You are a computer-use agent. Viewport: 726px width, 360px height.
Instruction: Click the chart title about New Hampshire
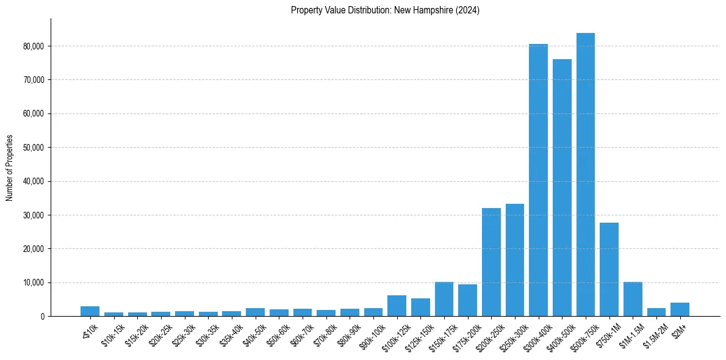click(385, 10)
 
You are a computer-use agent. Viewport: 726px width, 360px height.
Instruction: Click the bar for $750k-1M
click(609, 269)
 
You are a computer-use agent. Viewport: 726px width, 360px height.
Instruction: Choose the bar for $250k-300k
click(515, 260)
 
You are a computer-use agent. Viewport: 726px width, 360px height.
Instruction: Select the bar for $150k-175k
click(444, 299)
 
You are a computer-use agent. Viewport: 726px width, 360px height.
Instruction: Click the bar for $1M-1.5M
click(633, 299)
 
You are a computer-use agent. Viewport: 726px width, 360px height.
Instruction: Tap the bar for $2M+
click(680, 309)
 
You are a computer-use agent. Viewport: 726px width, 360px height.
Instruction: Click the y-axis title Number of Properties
click(10, 168)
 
